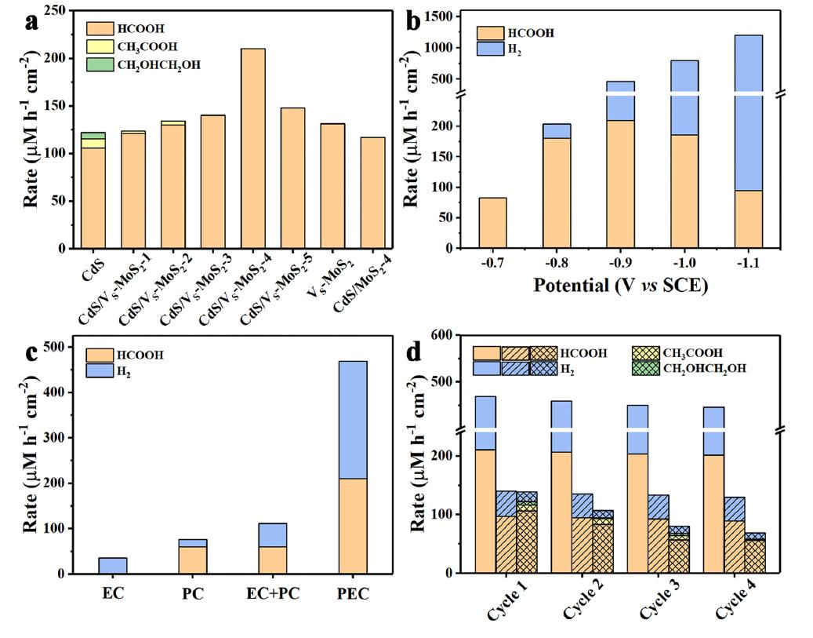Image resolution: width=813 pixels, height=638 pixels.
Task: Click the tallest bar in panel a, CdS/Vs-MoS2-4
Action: point(253,149)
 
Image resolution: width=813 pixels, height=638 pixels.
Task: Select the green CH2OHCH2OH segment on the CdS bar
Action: point(93,135)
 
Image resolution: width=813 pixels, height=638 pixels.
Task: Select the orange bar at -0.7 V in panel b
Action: point(493,223)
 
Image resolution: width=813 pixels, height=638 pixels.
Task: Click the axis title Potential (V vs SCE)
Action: point(620,286)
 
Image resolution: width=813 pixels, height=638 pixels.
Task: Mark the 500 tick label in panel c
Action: point(55,347)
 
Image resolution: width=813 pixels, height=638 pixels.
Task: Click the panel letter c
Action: point(32,353)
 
